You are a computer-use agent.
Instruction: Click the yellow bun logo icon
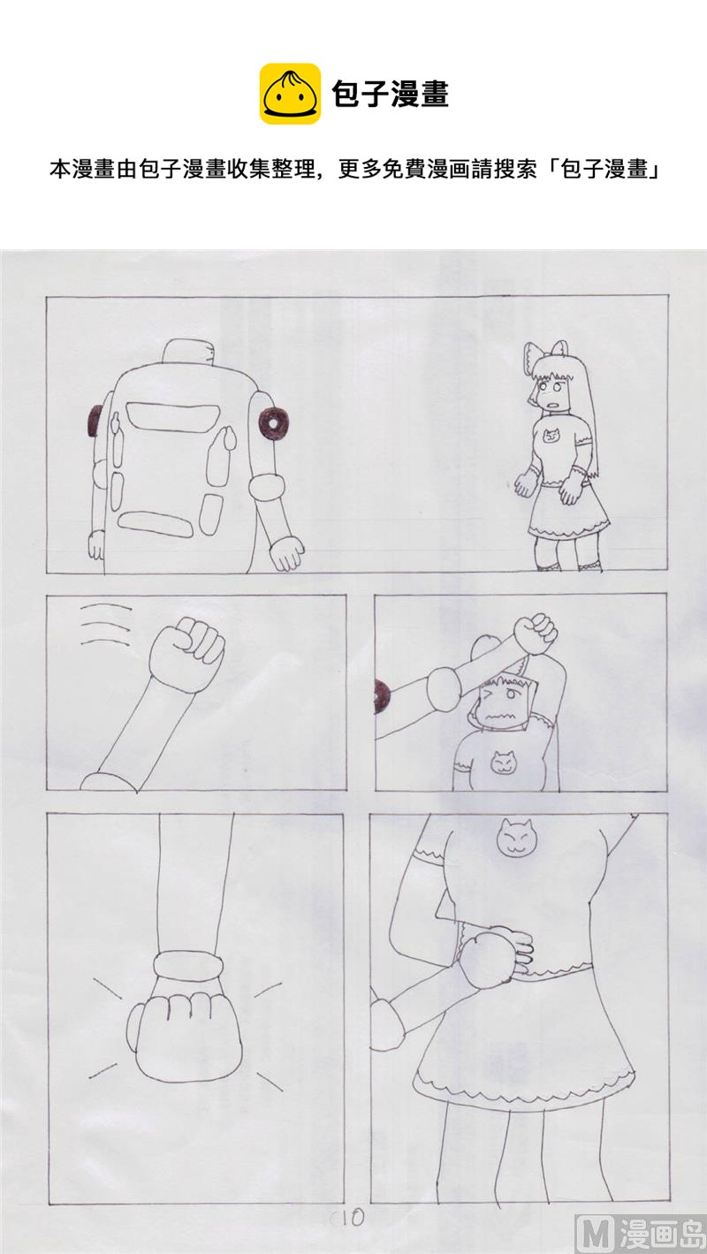pyautogui.click(x=290, y=94)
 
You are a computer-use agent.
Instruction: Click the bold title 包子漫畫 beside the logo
pyautogui.click(x=390, y=94)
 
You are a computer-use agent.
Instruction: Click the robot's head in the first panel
pyautogui.click(x=188, y=354)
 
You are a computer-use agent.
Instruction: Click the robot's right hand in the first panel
pyautogui.click(x=286, y=553)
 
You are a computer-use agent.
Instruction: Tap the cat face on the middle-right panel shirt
pyautogui.click(x=502, y=762)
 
